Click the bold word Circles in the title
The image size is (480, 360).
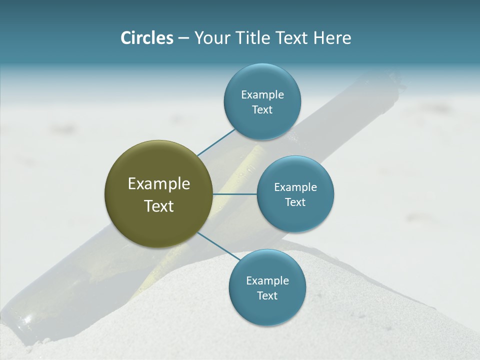(x=146, y=38)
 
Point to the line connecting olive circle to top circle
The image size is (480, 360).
(x=216, y=143)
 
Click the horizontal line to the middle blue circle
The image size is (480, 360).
(x=235, y=194)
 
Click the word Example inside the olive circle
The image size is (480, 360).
(x=159, y=184)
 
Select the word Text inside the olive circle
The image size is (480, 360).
(x=159, y=206)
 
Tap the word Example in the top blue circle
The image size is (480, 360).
(x=262, y=94)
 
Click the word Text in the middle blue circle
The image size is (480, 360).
(x=295, y=202)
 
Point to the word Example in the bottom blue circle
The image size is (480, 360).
(x=267, y=280)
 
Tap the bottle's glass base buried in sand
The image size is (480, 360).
(x=20, y=320)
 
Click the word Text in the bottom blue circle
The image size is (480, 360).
(x=267, y=295)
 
